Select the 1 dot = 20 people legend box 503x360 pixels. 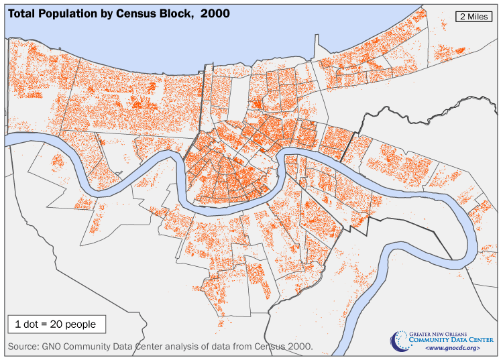[56, 324]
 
